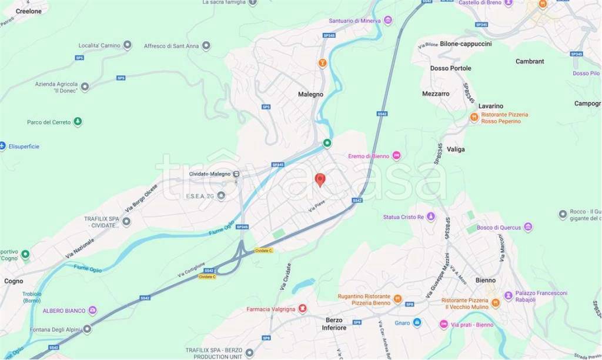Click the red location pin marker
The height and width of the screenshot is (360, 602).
click(320, 179)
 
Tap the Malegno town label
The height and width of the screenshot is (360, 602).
click(310, 94)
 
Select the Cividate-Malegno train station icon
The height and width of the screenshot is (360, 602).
click(236, 174)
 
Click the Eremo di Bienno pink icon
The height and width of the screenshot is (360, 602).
click(396, 155)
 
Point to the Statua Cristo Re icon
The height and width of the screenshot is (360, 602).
click(432, 216)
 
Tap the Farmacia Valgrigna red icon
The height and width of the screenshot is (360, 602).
click(302, 309)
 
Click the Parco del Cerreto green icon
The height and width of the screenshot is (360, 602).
click(77, 122)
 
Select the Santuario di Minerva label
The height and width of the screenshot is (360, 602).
click(355, 21)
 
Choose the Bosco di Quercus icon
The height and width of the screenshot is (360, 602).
click(528, 227)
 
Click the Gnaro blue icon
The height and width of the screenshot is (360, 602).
click(417, 322)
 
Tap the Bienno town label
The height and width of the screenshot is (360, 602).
click(486, 281)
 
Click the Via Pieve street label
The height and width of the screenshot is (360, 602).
click(316, 206)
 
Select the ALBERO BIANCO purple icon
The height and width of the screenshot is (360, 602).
click(92, 310)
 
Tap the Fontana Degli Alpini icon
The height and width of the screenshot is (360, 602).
click(87, 329)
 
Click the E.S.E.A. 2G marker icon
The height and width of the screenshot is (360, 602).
click(221, 196)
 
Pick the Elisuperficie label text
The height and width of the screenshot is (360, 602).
click(24, 146)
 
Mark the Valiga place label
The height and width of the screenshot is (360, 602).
click(456, 149)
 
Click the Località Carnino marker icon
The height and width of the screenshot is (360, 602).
click(127, 45)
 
